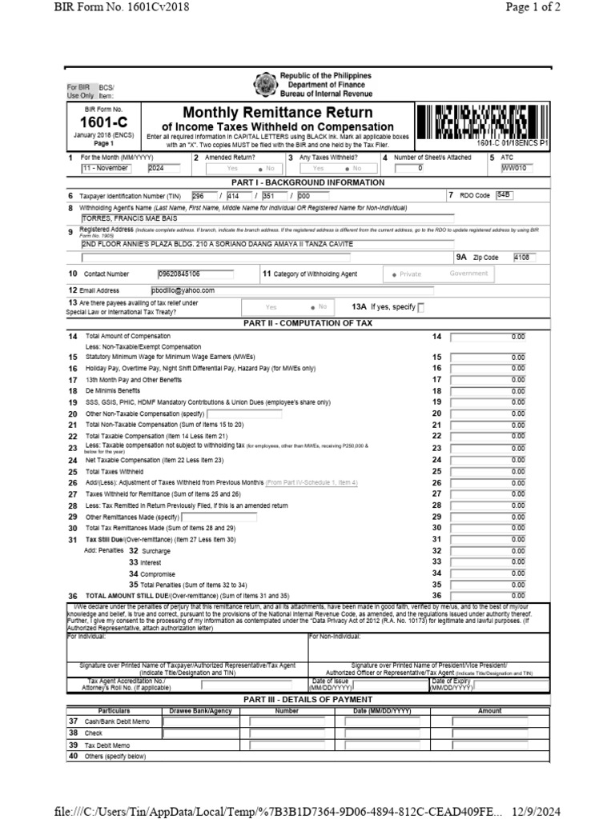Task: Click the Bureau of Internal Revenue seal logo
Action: click(x=264, y=85)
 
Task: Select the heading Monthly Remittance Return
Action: click(x=278, y=112)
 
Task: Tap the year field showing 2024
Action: click(x=163, y=169)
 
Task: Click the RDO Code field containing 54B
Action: click(x=504, y=195)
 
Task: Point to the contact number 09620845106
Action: click(x=179, y=274)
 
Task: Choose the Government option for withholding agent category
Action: click(x=468, y=274)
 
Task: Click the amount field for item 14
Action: click(x=488, y=337)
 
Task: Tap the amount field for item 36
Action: click(x=488, y=595)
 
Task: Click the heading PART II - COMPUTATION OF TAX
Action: click(x=308, y=322)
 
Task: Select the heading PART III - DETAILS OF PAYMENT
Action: click(x=308, y=699)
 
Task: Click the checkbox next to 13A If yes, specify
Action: click(x=422, y=308)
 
